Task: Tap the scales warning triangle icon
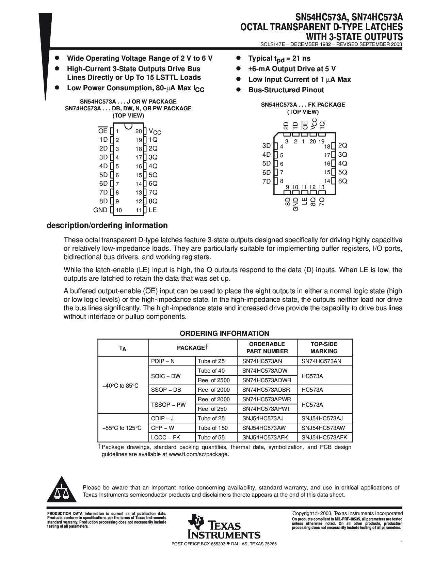coord(62,490)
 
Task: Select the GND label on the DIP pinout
coord(100,210)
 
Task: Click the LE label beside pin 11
coord(152,210)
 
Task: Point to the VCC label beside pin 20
coord(155,131)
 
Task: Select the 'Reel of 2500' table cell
coord(214,380)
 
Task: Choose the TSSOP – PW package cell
coord(168,405)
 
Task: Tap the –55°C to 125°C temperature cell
coord(122,428)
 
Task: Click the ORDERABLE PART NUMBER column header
coord(267,347)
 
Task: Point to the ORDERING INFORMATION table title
coord(224,333)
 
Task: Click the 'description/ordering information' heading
coord(107,225)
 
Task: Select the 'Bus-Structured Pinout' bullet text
coord(286,90)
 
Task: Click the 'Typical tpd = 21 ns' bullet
coord(279,59)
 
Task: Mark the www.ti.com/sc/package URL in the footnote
coord(198,454)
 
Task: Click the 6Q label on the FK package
coord(342,181)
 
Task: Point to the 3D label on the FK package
coord(267,145)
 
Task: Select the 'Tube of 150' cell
coord(213,428)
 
